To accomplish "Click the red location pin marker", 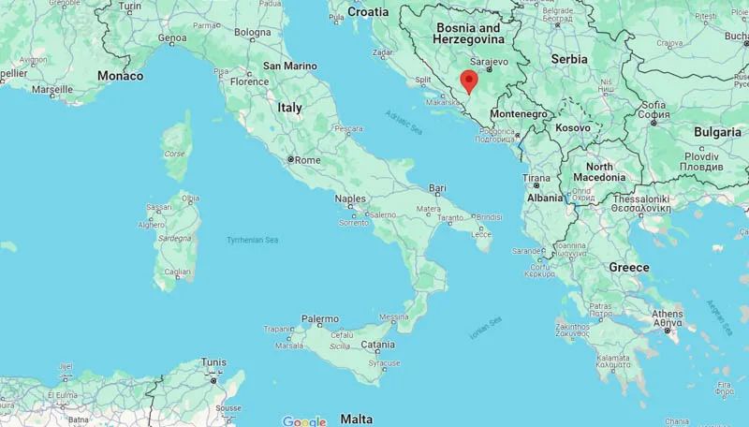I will pyautogui.click(x=469, y=81).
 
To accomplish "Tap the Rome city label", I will pyautogui.click(x=308, y=160).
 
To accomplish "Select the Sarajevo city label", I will pyautogui.click(x=487, y=62).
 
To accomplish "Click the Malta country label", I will pyautogui.click(x=356, y=419).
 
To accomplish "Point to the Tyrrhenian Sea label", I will pyautogui.click(x=252, y=241).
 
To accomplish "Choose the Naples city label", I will pyautogui.click(x=350, y=199).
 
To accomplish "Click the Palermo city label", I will pyautogui.click(x=320, y=319).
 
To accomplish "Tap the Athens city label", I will pyautogui.click(x=668, y=314).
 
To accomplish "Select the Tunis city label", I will pyautogui.click(x=213, y=362).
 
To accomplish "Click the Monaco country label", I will pyautogui.click(x=121, y=76).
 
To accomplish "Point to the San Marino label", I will pyautogui.click(x=289, y=66).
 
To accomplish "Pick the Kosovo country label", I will pyautogui.click(x=573, y=127).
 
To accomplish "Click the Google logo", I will pyautogui.click(x=304, y=421).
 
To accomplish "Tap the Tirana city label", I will pyautogui.click(x=536, y=178).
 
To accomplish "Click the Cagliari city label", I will pyautogui.click(x=178, y=272).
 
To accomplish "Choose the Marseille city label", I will pyautogui.click(x=51, y=90).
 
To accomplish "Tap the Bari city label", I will pyautogui.click(x=437, y=188).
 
